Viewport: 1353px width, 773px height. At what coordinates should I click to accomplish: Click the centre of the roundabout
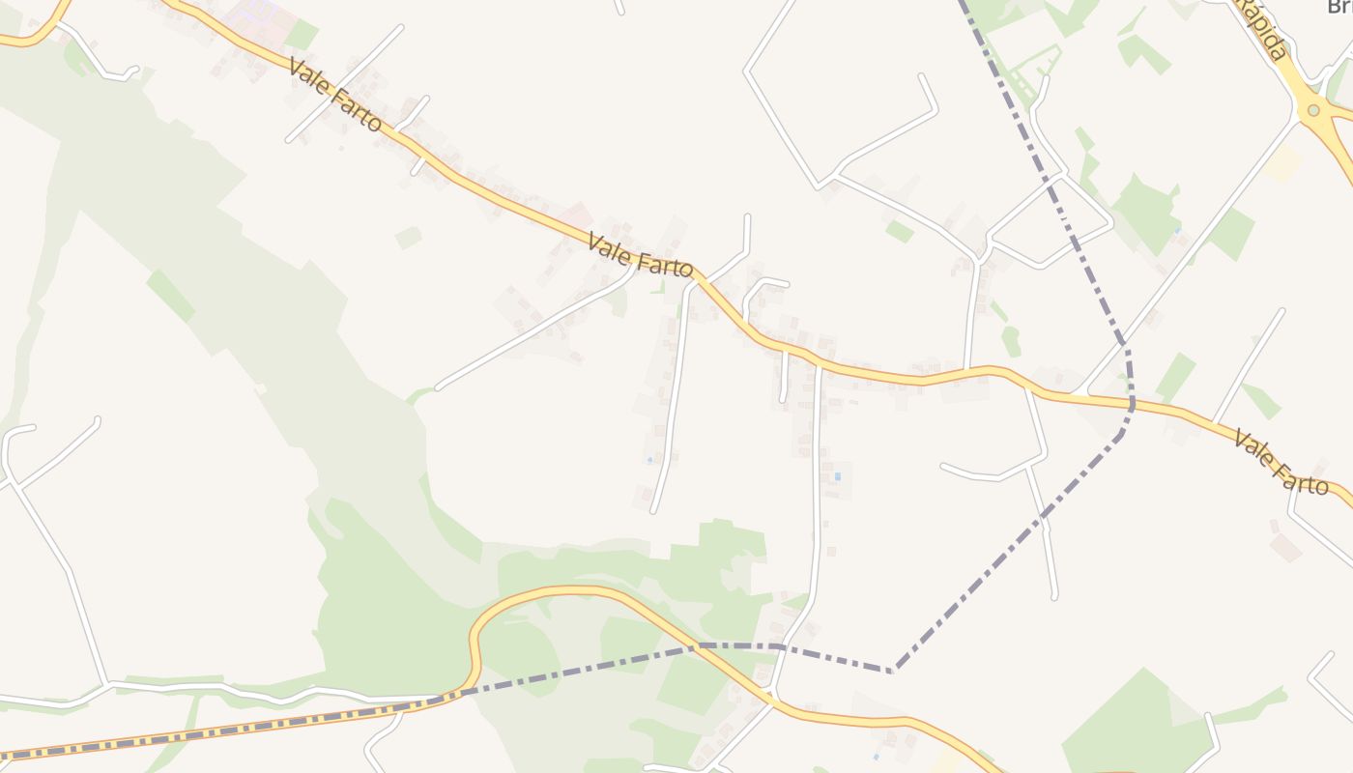[x=1312, y=110]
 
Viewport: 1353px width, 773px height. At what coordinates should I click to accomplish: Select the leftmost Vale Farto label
[x=334, y=95]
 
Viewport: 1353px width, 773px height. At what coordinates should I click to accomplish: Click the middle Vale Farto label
[x=640, y=254]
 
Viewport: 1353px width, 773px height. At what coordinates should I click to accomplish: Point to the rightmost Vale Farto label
[x=1281, y=463]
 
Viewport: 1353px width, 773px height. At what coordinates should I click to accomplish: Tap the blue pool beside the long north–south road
[x=837, y=476]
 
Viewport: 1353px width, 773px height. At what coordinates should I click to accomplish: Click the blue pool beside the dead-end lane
[x=650, y=458]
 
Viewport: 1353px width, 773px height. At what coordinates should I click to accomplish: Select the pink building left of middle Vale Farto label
[x=577, y=215]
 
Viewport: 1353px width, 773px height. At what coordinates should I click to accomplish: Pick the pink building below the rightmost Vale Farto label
[x=1284, y=547]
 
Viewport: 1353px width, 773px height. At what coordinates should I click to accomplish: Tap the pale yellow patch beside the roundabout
[x=1282, y=164]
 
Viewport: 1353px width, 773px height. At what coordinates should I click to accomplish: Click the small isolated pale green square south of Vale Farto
[x=408, y=237]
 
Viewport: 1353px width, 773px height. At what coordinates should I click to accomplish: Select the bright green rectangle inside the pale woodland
[x=170, y=295]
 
